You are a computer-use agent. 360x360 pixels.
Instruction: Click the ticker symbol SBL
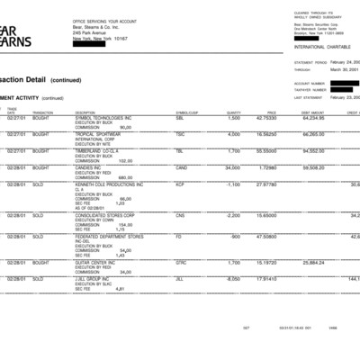pos(180,118)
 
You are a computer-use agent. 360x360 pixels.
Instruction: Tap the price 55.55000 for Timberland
pos(290,151)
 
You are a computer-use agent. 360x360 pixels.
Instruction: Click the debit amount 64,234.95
pos(338,118)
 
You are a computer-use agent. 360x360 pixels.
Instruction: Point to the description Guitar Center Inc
pos(96,262)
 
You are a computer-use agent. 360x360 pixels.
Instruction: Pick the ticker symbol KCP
pos(181,184)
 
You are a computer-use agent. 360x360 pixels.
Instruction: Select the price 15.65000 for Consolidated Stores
pos(290,215)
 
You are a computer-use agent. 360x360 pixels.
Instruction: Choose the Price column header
pos(296,112)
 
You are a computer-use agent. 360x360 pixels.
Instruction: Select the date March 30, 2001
pos(345,69)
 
